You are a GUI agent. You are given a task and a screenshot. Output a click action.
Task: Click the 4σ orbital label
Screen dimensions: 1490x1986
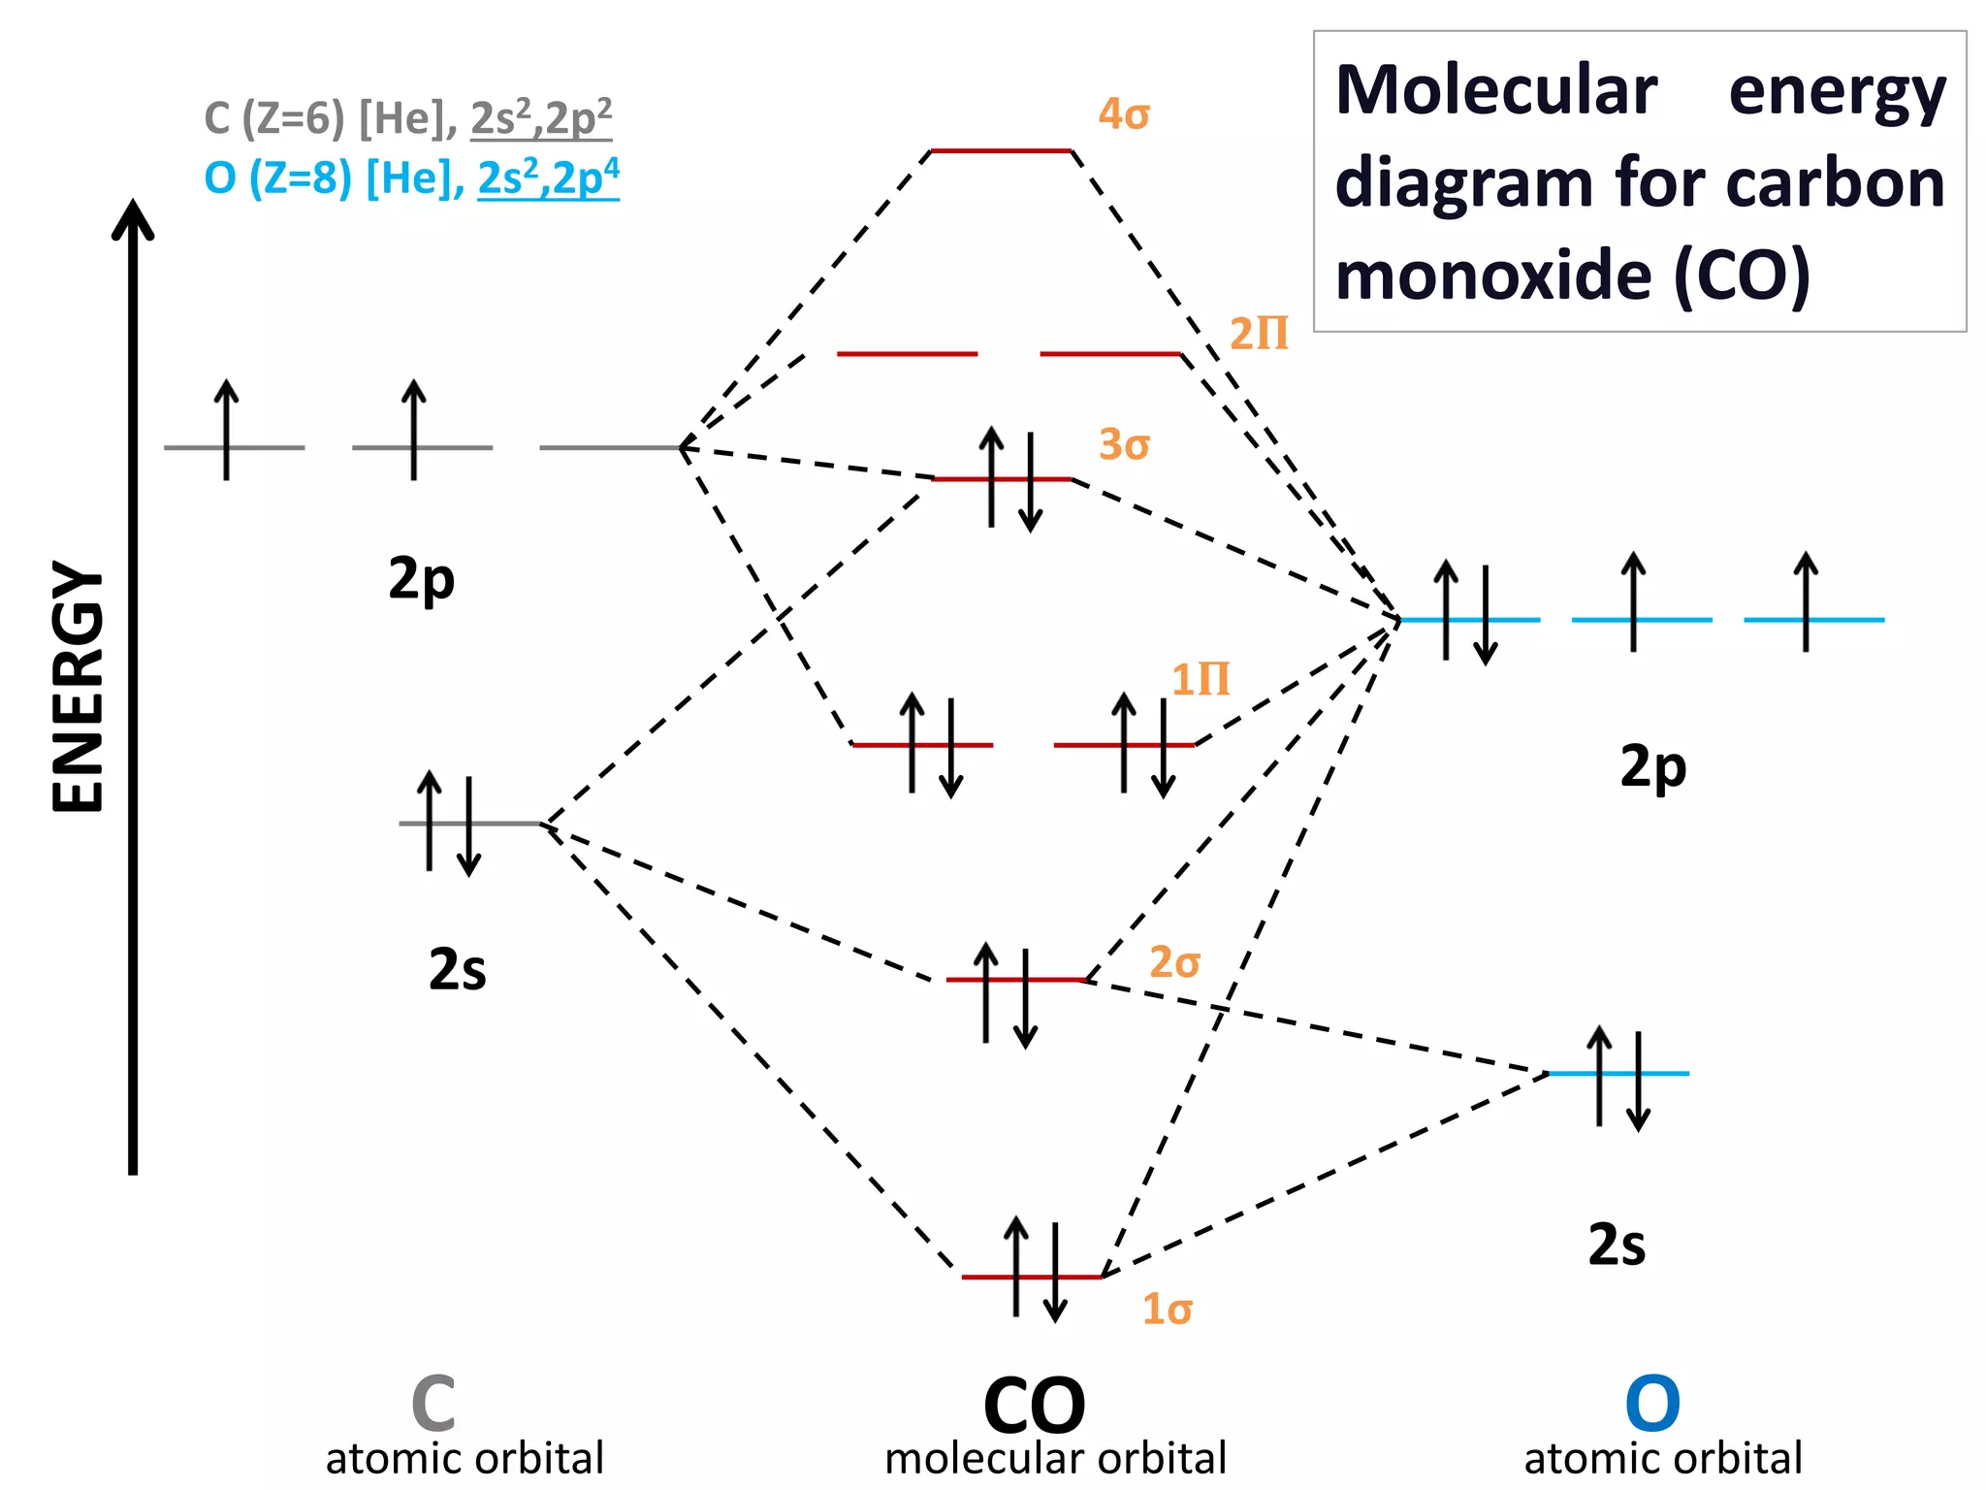click(x=1123, y=114)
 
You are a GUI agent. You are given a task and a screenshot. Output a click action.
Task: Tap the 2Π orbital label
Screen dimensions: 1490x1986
click(x=1258, y=334)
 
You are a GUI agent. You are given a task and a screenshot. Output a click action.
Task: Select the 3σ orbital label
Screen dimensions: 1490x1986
click(x=1123, y=444)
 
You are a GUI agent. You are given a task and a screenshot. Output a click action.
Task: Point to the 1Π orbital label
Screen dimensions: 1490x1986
click(x=1200, y=679)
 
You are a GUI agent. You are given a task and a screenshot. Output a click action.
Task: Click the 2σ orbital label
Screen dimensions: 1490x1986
click(x=1174, y=962)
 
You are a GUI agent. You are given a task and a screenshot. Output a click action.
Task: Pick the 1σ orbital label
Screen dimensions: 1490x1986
click(x=1167, y=1310)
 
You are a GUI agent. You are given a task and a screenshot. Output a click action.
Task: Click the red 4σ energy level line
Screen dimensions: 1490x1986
click(x=1001, y=151)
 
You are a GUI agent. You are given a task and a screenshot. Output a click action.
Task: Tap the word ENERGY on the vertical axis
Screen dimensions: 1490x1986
click(x=78, y=687)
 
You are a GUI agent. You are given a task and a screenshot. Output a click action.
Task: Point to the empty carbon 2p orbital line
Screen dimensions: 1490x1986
click(x=609, y=447)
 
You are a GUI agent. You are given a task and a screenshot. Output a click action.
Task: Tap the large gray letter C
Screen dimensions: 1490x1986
click(x=432, y=1403)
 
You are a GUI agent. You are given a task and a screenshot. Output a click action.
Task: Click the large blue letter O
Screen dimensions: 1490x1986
click(x=1651, y=1403)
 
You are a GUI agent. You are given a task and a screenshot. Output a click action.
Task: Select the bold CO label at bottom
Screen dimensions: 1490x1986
click(x=1034, y=1405)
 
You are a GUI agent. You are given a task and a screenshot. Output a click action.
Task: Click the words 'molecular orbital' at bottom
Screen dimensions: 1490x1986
click(x=1055, y=1459)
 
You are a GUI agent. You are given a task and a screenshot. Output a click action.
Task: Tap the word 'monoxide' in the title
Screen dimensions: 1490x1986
click(x=1492, y=275)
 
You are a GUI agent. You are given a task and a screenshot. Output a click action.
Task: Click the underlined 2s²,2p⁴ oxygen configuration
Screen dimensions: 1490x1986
click(x=548, y=178)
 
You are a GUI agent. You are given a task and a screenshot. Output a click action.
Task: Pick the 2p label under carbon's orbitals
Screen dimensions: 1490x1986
click(x=421, y=579)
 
